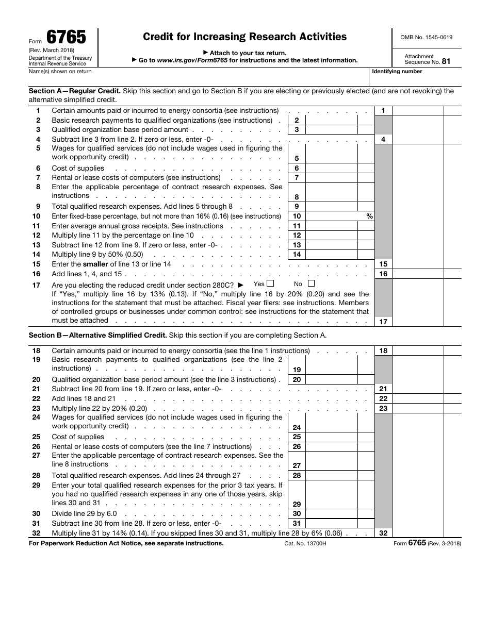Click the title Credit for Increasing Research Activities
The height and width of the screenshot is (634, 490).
tap(244, 37)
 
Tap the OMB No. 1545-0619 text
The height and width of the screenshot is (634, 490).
tap(427, 38)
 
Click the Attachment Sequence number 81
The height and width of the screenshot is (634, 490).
tap(446, 61)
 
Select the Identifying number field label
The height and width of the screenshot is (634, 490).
tap(397, 72)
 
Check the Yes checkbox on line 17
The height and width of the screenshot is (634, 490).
tap(271, 283)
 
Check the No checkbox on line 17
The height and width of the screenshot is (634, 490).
tap(311, 283)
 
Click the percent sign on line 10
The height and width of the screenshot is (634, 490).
tap(369, 216)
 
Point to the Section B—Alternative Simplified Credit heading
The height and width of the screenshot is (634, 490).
tap(97, 335)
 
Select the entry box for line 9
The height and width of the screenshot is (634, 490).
tap(331, 207)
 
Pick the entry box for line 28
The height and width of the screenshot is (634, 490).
tap(331, 476)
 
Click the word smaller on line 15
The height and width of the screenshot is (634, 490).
tap(95, 264)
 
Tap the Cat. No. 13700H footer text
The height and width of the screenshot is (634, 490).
tap(305, 543)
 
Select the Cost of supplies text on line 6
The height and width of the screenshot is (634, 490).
tap(78, 169)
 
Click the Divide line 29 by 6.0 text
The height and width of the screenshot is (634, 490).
tap(84, 514)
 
